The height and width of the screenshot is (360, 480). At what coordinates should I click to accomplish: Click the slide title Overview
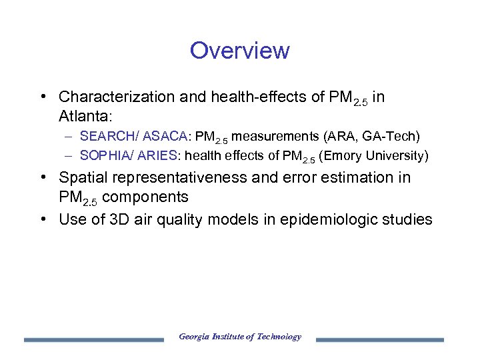point(239,51)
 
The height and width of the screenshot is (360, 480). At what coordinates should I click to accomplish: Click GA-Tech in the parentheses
point(393,137)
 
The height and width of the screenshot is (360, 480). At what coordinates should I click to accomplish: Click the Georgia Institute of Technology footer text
point(240,337)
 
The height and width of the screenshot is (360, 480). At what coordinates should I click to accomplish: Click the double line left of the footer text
point(93,340)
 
